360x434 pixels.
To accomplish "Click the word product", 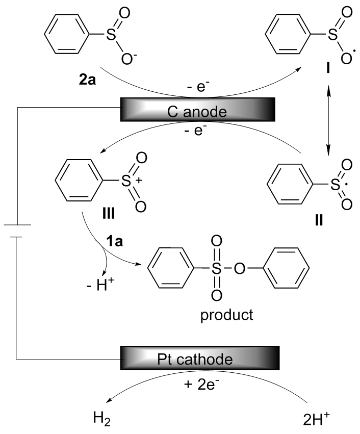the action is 227,315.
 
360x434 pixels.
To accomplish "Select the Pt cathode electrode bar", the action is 199,359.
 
